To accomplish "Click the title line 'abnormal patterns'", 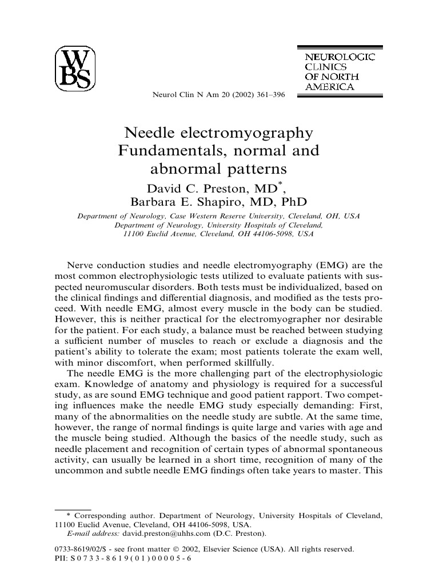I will click(218, 170).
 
